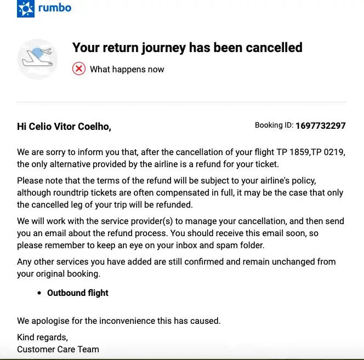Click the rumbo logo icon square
click(x=25, y=9)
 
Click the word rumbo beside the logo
click(x=55, y=8)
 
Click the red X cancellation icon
click(x=79, y=69)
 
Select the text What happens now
click(x=127, y=69)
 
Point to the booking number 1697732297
click(x=320, y=125)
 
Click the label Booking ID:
click(x=274, y=125)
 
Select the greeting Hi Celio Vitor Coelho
click(x=64, y=127)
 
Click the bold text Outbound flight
click(x=78, y=293)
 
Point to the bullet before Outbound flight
click(x=39, y=294)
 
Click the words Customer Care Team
click(x=58, y=349)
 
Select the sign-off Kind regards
click(x=43, y=337)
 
